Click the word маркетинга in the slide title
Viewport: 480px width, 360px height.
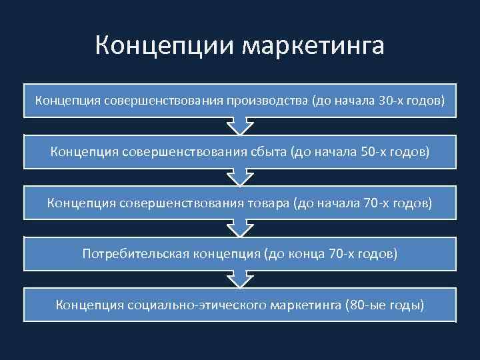click(x=313, y=47)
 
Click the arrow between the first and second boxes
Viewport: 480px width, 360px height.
click(x=240, y=125)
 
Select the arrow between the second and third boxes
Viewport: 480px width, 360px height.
click(x=240, y=177)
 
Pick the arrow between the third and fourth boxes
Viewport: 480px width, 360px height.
click(x=240, y=228)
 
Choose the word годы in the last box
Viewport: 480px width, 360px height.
click(x=405, y=305)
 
